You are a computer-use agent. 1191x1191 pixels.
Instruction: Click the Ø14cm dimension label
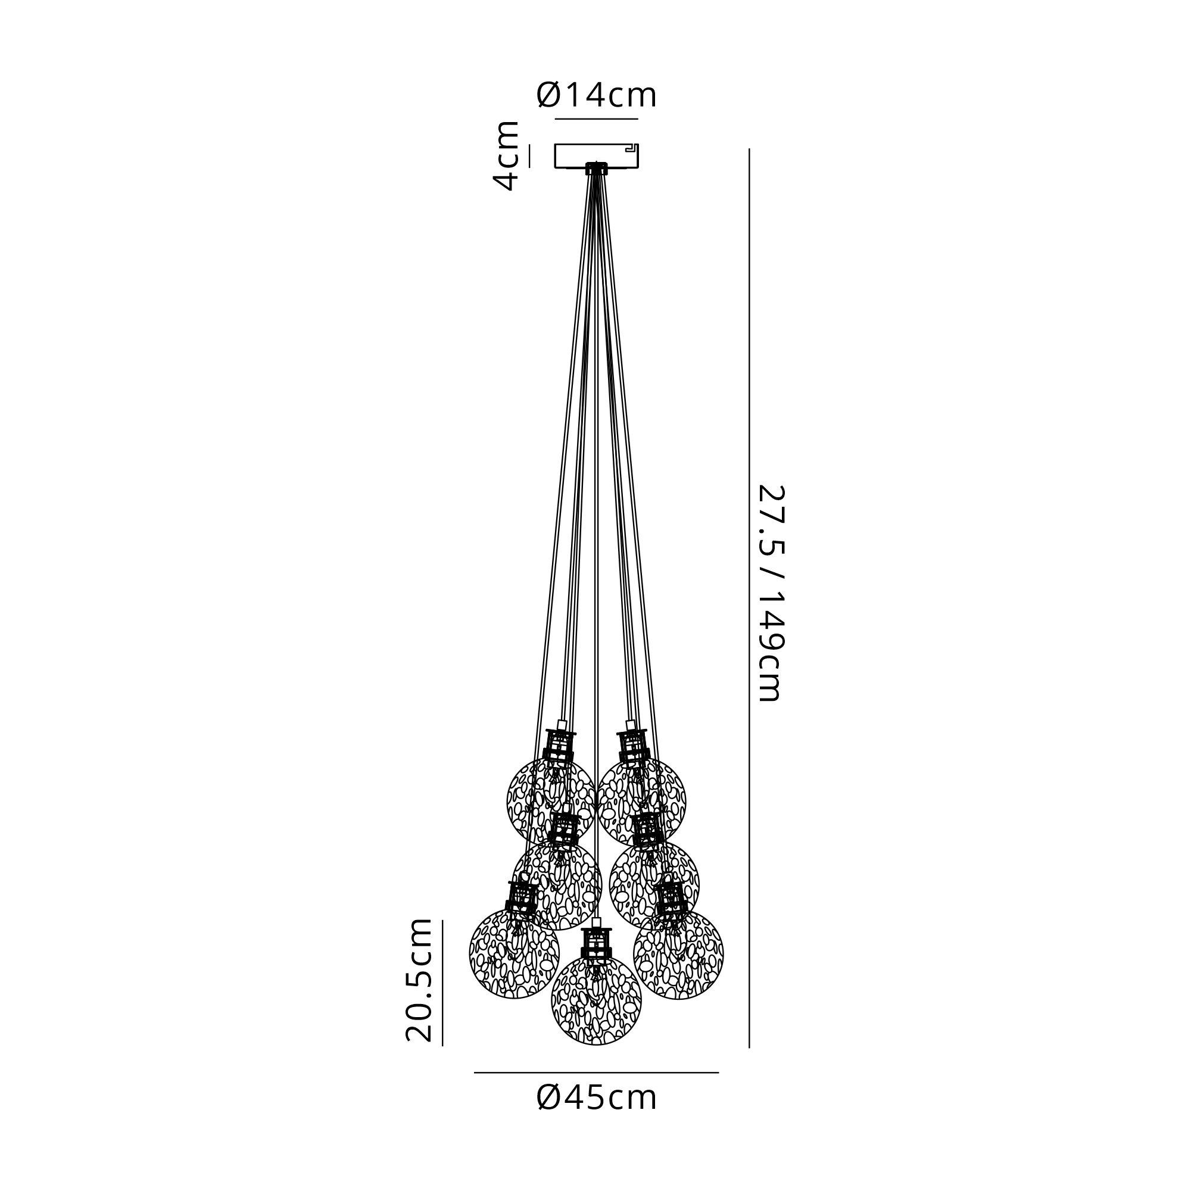tap(596, 95)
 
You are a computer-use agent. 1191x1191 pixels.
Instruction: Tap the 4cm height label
tap(506, 156)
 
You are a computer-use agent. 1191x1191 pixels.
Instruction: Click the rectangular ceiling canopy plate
tap(596, 155)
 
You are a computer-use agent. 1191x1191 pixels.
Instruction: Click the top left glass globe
tap(551, 802)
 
